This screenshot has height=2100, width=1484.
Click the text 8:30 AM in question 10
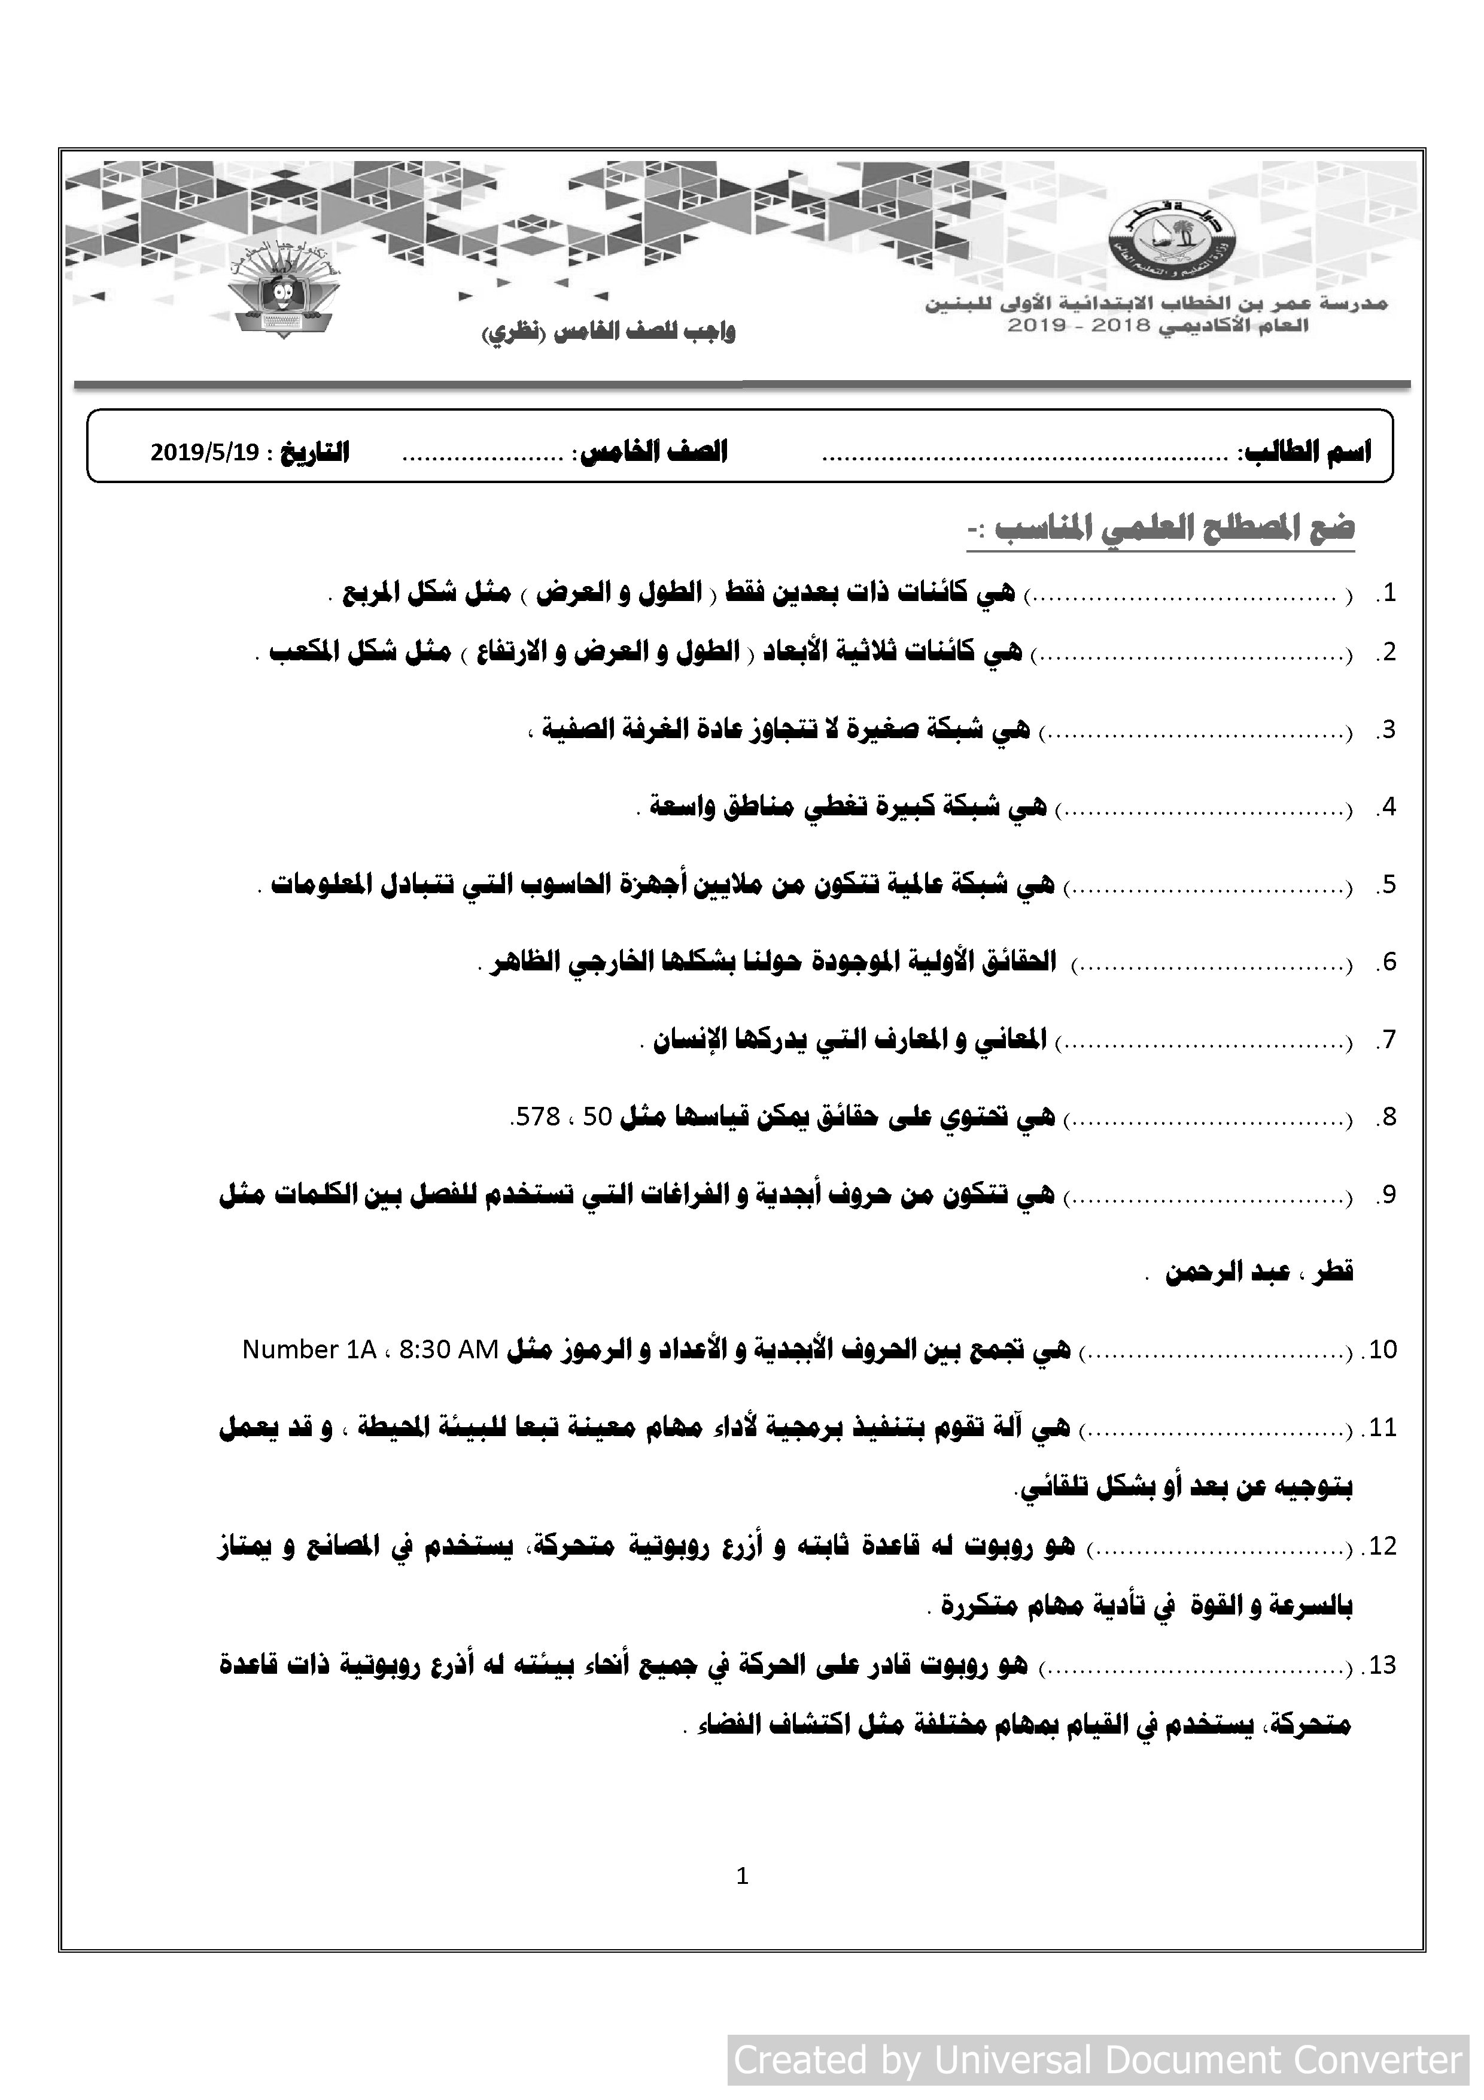coord(448,1350)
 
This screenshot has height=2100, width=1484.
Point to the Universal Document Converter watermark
coord(1097,2060)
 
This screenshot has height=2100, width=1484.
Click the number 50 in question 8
coord(596,1117)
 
